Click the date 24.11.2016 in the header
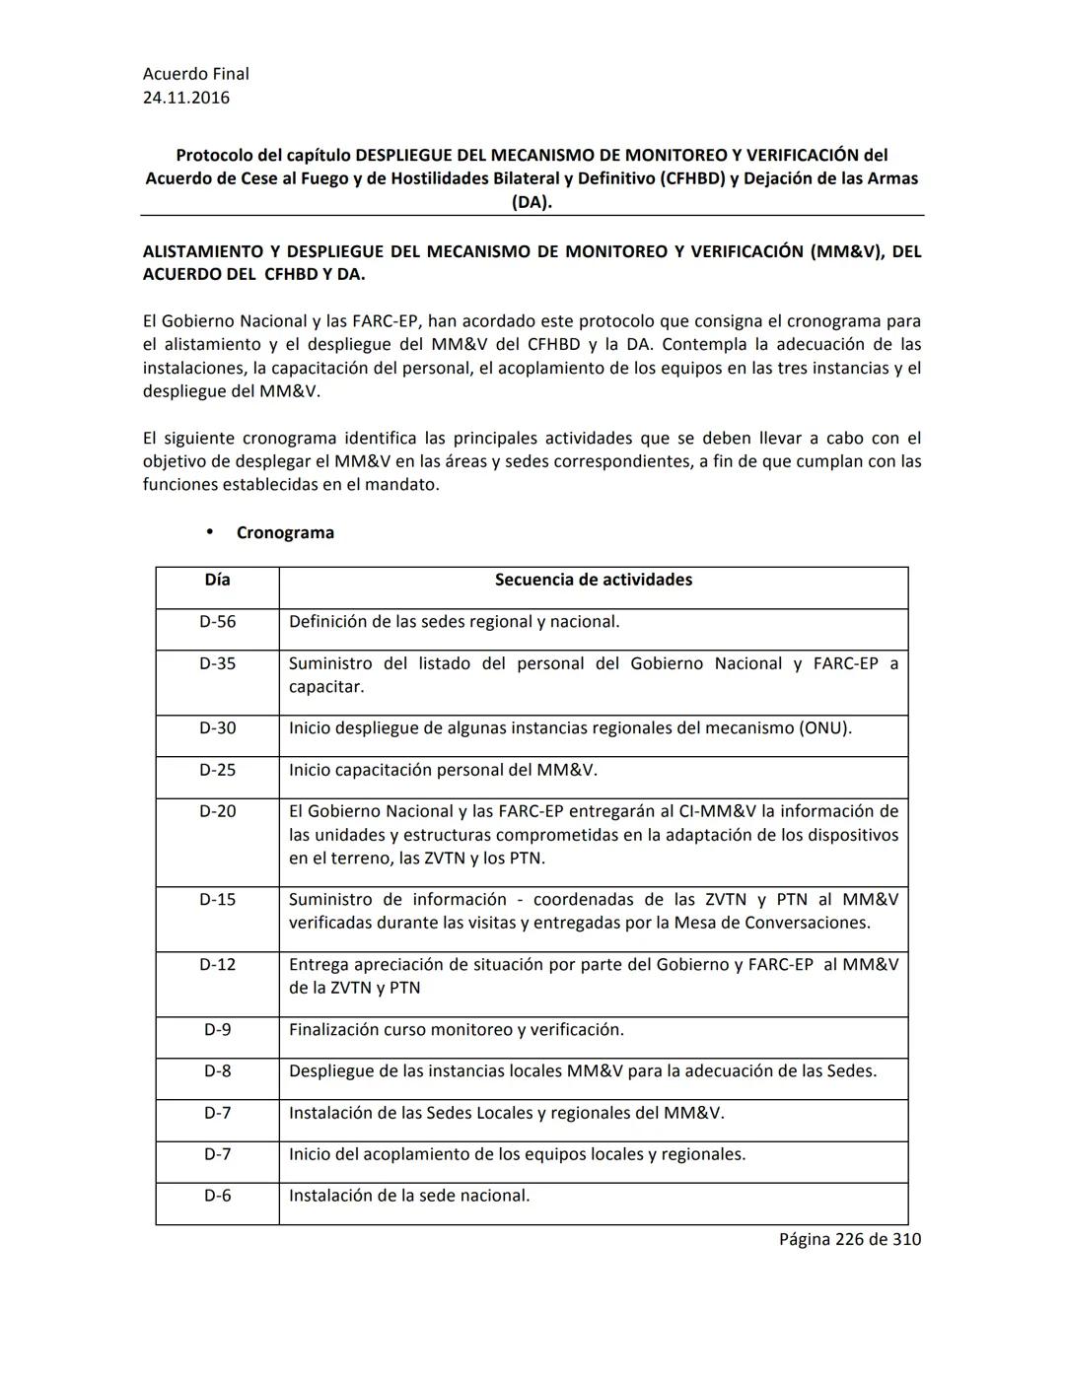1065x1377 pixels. [x=186, y=98]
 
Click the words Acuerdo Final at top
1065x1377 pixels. [x=195, y=74]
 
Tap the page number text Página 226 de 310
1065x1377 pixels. [x=849, y=1239]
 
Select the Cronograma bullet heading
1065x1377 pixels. [x=285, y=532]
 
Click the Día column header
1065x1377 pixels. [x=217, y=580]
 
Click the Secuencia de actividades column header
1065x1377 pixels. [x=593, y=580]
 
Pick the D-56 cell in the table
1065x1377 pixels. [x=217, y=622]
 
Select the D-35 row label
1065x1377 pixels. [x=217, y=663]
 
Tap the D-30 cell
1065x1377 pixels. [x=217, y=728]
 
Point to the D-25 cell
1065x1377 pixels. [x=217, y=770]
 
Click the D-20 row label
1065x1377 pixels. [x=217, y=811]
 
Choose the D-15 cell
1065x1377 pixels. [x=217, y=899]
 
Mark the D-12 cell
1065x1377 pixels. [x=217, y=964]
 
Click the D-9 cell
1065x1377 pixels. [x=217, y=1030]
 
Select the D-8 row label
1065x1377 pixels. [x=217, y=1071]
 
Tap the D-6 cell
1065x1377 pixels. [x=217, y=1196]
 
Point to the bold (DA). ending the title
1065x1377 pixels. [x=532, y=202]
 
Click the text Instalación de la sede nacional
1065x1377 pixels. [x=409, y=1196]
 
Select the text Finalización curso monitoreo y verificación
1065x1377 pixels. [x=456, y=1030]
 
